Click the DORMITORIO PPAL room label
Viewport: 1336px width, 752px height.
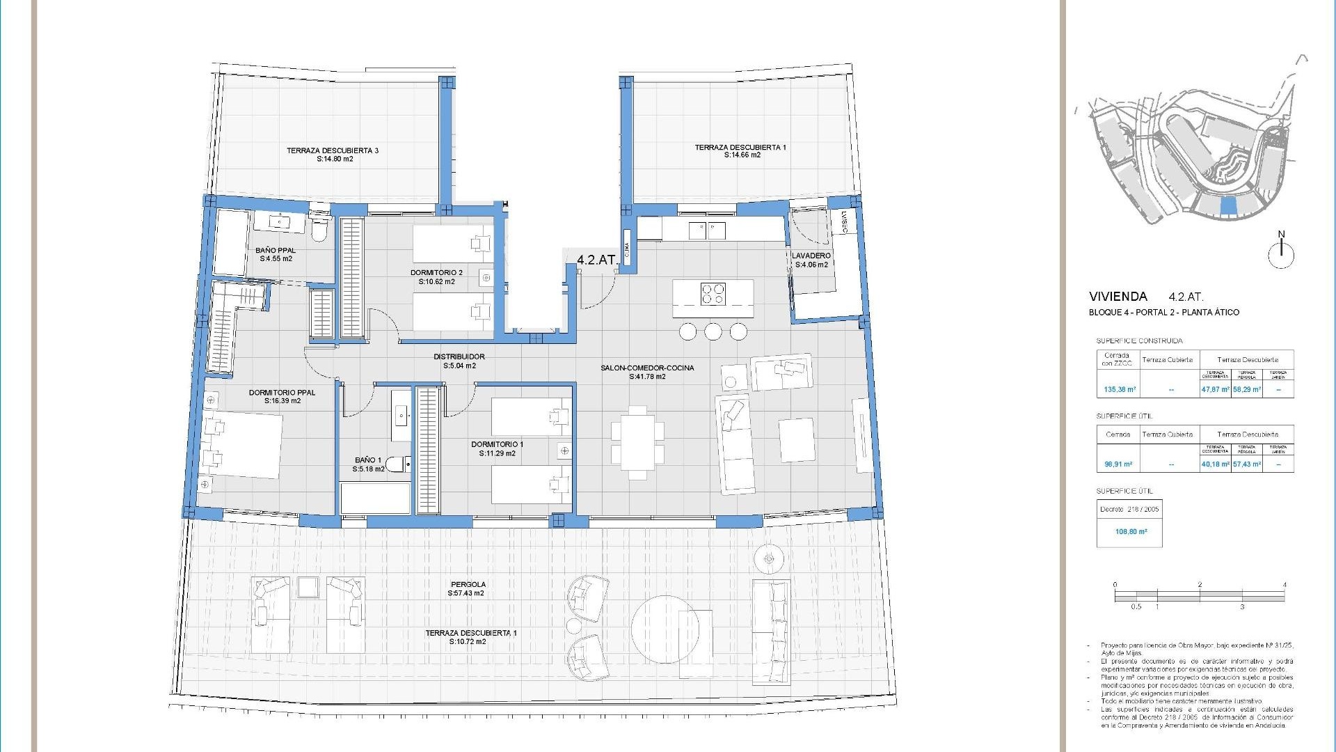282,393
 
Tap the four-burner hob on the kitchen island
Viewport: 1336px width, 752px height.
713,293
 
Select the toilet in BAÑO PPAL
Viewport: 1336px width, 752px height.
319,230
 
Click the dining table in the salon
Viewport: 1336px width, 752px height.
637,442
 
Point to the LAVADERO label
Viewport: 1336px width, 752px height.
811,256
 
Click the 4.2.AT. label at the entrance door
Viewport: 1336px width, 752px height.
597,260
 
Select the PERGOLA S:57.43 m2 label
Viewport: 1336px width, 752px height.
468,589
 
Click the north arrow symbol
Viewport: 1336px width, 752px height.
1280,253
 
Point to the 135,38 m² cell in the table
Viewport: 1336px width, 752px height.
1120,390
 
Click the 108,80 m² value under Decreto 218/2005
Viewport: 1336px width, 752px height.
1131,531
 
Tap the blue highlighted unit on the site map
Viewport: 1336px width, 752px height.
1229,206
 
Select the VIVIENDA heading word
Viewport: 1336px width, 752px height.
1118,297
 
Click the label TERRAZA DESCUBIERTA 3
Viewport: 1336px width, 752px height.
332,150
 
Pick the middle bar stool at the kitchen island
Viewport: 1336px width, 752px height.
713,332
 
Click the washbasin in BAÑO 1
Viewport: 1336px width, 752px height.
401,416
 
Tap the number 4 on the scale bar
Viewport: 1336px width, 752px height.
1284,585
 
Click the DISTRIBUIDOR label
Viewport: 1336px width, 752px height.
459,357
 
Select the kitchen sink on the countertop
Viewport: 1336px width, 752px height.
706,229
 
